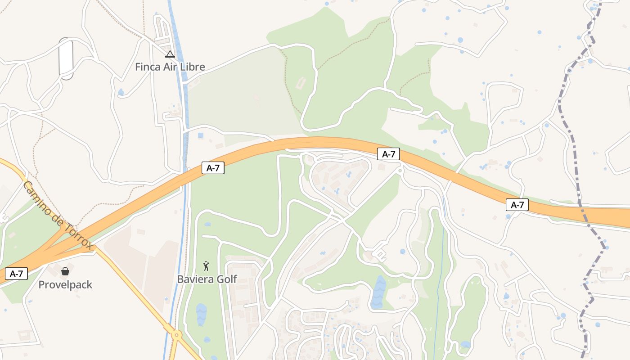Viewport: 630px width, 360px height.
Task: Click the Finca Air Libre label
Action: pos(170,67)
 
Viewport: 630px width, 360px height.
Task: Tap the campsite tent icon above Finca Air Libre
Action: pos(170,54)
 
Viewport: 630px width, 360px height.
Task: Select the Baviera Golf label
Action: pos(207,279)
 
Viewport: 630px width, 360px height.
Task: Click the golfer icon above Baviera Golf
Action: pos(207,266)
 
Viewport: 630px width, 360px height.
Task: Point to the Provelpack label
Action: pos(65,284)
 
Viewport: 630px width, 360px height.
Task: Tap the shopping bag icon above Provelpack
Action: pos(65,271)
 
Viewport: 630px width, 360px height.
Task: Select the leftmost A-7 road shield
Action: pos(17,273)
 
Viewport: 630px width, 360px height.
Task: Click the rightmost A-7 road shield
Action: pos(517,205)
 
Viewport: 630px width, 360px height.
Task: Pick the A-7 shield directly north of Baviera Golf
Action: pos(213,168)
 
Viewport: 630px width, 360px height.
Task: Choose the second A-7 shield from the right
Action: pos(388,154)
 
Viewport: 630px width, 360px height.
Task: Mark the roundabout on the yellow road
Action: pos(176,335)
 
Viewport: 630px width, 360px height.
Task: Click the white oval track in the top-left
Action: pos(66,59)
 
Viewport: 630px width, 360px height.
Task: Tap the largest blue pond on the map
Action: pos(379,292)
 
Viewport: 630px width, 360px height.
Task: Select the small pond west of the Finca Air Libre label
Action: pos(121,93)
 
